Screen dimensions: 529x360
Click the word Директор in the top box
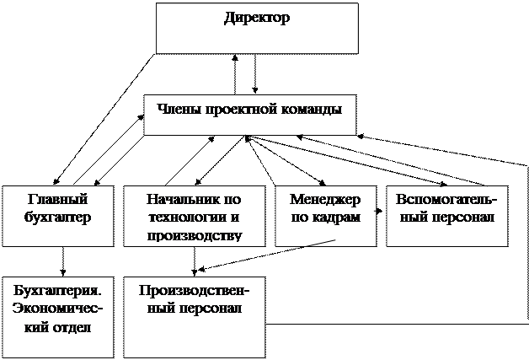click(x=257, y=19)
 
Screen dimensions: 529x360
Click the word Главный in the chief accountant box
click(x=57, y=199)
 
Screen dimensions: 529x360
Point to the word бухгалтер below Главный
click(x=57, y=218)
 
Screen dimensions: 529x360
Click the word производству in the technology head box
click(x=195, y=236)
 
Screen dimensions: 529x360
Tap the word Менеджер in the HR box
click(x=325, y=200)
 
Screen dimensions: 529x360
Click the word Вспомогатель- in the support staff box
click(x=446, y=199)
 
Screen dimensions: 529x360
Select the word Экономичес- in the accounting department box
click(x=57, y=309)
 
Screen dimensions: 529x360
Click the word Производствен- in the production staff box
click(x=194, y=291)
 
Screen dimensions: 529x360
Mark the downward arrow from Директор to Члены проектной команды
click(x=255, y=74)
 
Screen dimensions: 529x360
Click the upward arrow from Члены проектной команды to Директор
click(x=235, y=74)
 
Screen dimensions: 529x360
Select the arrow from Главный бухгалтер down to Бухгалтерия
click(x=62, y=261)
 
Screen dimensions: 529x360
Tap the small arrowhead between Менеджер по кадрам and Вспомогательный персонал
click(x=378, y=212)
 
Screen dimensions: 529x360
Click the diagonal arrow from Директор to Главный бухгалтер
click(x=104, y=119)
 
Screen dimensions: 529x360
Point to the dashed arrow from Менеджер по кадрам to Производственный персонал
click(x=266, y=255)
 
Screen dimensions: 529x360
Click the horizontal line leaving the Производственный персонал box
click(x=397, y=325)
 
